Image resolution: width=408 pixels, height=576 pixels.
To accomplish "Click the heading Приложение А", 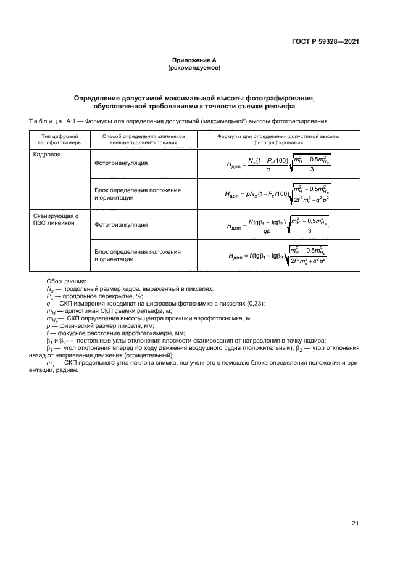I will pos(194,60).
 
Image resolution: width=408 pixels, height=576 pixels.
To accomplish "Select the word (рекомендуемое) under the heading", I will pos(194,68).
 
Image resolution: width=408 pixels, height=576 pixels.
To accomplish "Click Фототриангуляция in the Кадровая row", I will pos(121,164).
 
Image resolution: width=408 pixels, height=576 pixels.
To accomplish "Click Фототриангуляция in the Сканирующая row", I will pos(121,225).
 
